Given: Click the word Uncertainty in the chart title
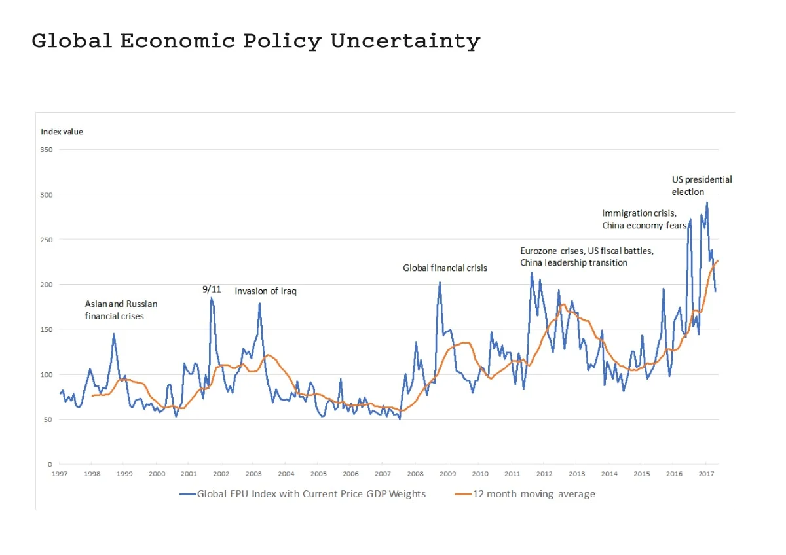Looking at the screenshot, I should [x=405, y=41].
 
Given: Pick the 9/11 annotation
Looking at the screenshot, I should [x=212, y=289].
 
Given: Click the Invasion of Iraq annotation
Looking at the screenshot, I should [x=265, y=291].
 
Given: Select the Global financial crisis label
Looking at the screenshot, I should [x=445, y=268].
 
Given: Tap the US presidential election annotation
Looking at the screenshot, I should [x=702, y=185].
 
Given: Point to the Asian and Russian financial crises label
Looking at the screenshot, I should [x=121, y=310].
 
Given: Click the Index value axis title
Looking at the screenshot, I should [x=62, y=132].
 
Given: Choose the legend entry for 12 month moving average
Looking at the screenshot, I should [x=525, y=494].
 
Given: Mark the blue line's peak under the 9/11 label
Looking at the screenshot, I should [x=211, y=298].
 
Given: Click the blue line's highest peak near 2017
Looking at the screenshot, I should [x=707, y=202].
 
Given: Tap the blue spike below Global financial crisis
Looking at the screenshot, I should [x=440, y=282].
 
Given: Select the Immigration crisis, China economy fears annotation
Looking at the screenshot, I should [x=644, y=219].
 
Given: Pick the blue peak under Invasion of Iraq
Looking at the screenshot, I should [x=260, y=303].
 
